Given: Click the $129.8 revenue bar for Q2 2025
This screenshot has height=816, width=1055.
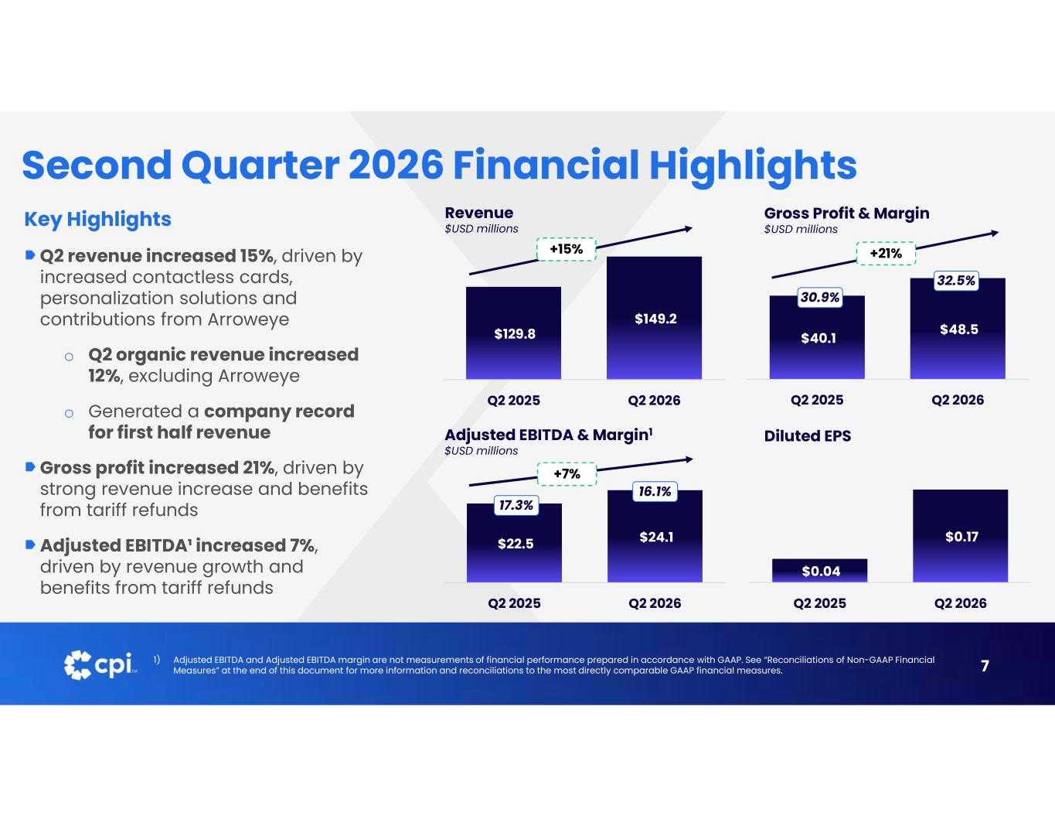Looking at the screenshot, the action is coord(513,333).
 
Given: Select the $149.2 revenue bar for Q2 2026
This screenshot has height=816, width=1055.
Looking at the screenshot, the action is coord(654,318).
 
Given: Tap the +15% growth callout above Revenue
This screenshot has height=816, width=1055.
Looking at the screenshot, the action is coord(566,249).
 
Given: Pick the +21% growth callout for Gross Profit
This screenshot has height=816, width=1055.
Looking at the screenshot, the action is coord(886,253).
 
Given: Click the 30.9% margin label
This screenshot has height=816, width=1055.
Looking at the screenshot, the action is coord(820,297).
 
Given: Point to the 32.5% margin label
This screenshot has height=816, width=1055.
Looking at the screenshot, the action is coord(956,281).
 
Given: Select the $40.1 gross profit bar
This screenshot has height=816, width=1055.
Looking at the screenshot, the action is coord(817,337).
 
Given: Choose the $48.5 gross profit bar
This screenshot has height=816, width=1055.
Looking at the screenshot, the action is coord(958,329).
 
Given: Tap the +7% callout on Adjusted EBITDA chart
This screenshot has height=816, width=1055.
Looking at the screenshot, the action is coord(567,474).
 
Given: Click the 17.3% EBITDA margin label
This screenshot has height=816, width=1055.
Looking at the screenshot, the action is coord(516,505).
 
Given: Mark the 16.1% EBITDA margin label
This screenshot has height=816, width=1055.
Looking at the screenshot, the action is coord(655,492).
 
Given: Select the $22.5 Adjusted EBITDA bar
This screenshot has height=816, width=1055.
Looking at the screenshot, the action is coord(514,543).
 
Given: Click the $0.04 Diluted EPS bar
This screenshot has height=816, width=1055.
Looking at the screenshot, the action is coord(819,571).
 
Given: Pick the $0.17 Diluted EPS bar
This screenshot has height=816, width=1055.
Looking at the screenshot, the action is coord(961,536).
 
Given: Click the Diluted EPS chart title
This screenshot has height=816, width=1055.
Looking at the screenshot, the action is coord(808,436).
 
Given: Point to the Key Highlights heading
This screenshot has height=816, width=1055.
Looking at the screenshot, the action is coord(97,219).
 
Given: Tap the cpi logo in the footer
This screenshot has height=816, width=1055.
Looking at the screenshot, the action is coord(100,665).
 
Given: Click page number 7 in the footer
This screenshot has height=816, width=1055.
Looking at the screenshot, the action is coord(985,665).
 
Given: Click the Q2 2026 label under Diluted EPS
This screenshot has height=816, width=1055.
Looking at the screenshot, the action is coord(961,603).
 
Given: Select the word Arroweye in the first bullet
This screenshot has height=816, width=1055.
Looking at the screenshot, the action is coord(249,319).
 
